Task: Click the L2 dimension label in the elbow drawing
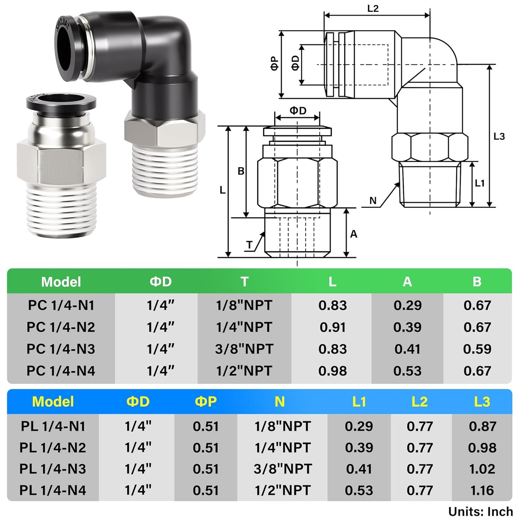pos(373,9)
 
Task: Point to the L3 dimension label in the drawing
pos(499,136)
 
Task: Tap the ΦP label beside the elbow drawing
pos(275,63)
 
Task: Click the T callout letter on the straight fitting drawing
pos(249,245)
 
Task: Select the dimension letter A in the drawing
pos(353,234)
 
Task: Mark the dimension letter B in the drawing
pos(241,171)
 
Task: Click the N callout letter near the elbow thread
pos(373,200)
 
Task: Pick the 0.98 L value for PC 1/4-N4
pos(332,371)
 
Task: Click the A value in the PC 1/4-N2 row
pos(407,327)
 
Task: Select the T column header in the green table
pos(244,281)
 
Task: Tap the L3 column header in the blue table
pos(482,402)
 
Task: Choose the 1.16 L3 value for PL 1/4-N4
pos(482,490)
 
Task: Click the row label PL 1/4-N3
pos(53,469)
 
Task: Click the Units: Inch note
pos(480,511)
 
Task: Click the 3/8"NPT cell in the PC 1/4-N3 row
pos(244,349)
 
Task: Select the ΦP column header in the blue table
pos(205,402)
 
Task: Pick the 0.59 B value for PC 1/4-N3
pos(477,349)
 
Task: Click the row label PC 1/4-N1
pos(61,306)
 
